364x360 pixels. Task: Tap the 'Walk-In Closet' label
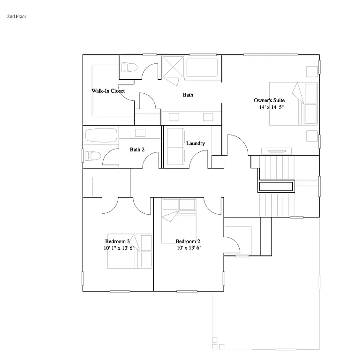[108, 91]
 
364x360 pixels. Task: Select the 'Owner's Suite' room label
[269, 100]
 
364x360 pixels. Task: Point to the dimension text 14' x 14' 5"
[272, 107]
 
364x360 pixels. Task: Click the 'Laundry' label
[195, 143]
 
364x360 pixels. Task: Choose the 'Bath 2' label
[136, 150]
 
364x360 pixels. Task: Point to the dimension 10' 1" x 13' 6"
[119, 248]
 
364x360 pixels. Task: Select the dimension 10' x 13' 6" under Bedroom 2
[189, 248]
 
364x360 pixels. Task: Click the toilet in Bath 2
[92, 156]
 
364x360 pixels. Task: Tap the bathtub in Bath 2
[100, 136]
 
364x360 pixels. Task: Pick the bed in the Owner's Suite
[293, 104]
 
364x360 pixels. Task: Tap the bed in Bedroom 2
[178, 220]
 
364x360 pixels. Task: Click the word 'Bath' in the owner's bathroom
[188, 95]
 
